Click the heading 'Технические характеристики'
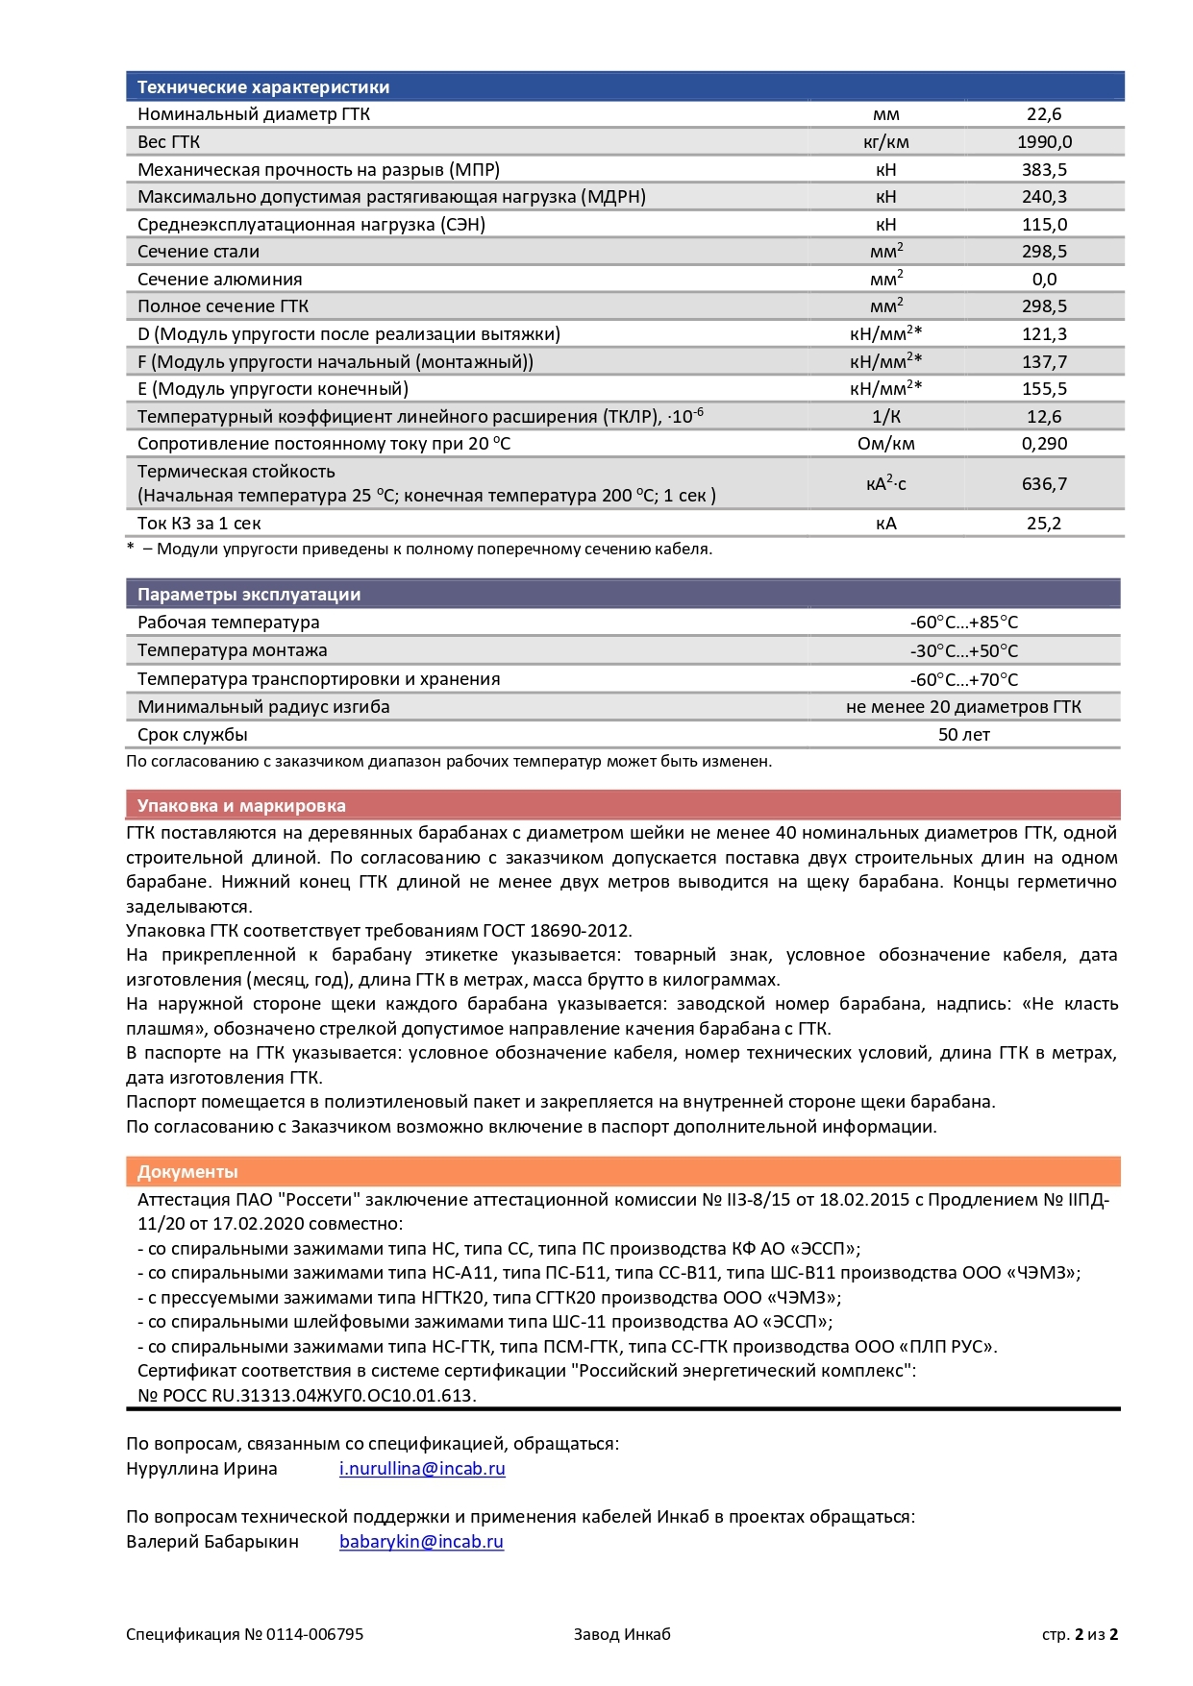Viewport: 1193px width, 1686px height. click(262, 87)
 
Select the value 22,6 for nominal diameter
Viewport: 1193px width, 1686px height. click(1044, 114)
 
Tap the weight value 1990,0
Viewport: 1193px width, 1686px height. click(1044, 142)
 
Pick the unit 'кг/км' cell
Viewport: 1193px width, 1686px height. click(885, 142)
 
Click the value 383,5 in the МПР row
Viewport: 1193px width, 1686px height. click(1044, 170)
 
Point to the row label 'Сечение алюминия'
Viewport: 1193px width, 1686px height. click(219, 280)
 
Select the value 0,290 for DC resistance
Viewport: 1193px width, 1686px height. click(1044, 444)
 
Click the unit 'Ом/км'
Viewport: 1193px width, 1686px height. click(885, 444)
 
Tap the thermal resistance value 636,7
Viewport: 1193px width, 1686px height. click(1044, 484)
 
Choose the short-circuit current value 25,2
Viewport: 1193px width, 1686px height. click(1044, 524)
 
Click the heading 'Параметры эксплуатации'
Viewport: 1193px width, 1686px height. click(248, 595)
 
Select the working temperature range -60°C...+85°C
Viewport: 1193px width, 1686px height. click(963, 623)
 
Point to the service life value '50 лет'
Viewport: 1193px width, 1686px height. click(963, 735)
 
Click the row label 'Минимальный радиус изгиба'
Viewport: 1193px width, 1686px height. click(263, 707)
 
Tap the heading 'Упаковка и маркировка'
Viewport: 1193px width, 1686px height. click(240, 806)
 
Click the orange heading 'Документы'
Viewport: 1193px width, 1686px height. click(187, 1172)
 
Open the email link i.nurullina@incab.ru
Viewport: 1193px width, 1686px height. click(422, 1469)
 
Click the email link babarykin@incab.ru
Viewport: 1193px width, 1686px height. click(421, 1542)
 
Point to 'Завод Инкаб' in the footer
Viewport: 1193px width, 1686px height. click(622, 1634)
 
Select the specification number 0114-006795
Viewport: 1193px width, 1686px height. click(314, 1634)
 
